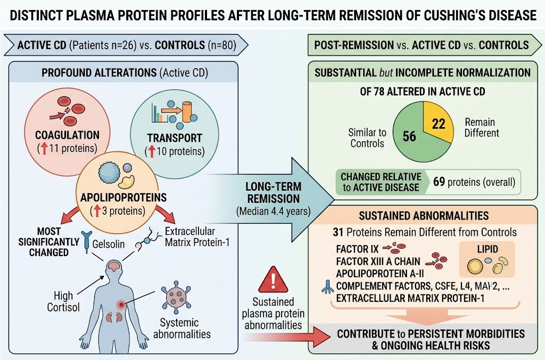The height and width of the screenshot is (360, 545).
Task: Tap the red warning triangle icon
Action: [273, 280]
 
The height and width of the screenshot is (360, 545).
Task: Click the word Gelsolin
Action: [109, 244]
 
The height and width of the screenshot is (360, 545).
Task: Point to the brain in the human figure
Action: [114, 266]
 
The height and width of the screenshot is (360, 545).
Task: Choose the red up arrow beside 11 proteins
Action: [44, 149]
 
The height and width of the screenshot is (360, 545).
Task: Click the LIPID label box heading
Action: [488, 249]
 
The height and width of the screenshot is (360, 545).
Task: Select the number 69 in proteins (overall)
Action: [439, 182]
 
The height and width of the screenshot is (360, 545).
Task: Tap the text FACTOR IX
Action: [352, 249]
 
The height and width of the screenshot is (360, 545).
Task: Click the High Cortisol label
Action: [63, 301]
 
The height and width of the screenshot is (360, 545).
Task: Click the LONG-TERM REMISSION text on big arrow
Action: [274, 192]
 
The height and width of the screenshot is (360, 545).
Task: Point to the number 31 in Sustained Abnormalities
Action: [338, 232]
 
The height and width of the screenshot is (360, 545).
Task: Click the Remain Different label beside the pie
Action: [482, 127]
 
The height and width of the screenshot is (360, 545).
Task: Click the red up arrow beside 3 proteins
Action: [97, 211]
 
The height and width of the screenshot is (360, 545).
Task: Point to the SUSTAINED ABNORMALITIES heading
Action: [424, 216]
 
